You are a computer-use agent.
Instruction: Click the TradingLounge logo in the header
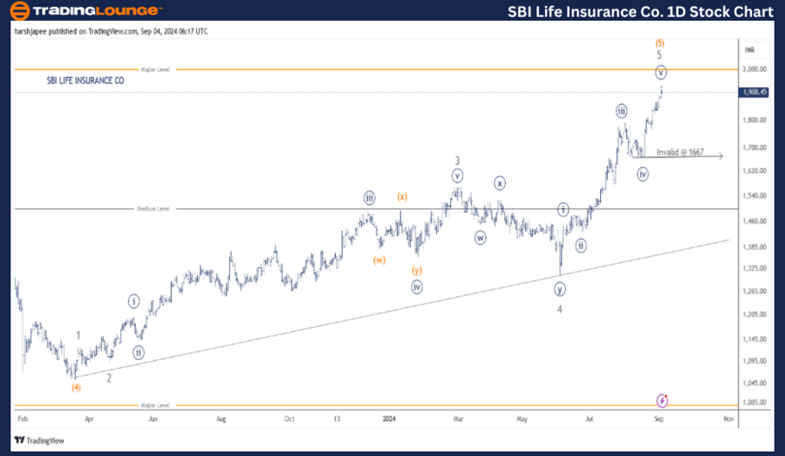[x=84, y=11]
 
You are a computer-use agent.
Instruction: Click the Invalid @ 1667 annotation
[x=679, y=152]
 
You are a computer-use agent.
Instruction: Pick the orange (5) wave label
[x=660, y=41]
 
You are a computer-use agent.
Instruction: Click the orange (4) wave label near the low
[x=76, y=387]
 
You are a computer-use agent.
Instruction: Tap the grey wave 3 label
[x=457, y=161]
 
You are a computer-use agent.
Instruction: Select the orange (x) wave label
[x=401, y=197]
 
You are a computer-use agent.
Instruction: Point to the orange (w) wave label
[x=379, y=259]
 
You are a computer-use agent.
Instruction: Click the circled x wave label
[x=499, y=183]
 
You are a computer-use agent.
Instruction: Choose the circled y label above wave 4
[x=559, y=289]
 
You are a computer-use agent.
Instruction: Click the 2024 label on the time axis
[x=389, y=419]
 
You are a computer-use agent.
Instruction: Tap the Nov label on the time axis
[x=727, y=419]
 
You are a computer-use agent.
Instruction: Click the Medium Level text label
[x=154, y=209]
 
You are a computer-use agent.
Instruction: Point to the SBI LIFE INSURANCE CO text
[x=85, y=80]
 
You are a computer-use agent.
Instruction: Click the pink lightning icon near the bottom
[x=662, y=400]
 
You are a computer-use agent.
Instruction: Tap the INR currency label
[x=748, y=51]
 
